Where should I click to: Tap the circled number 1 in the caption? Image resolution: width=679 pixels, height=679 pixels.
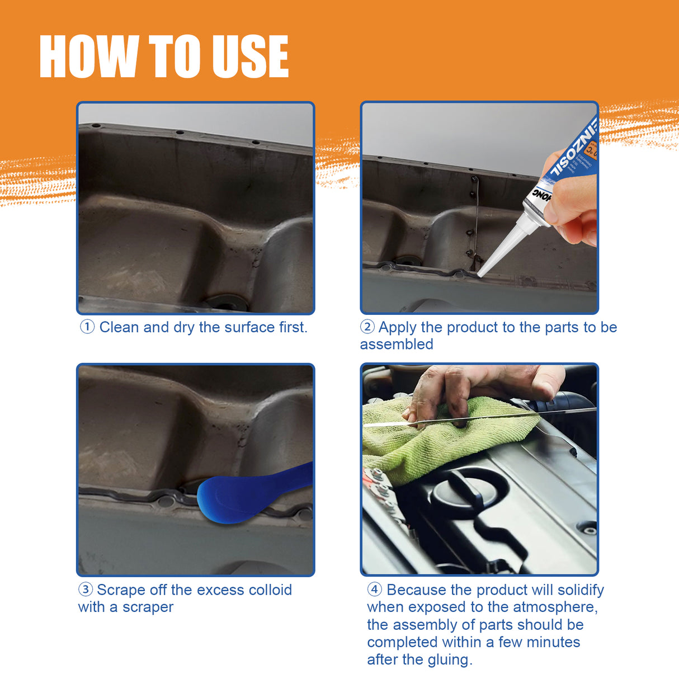pyautogui.click(x=87, y=327)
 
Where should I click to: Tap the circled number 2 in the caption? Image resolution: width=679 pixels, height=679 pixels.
pyautogui.click(x=367, y=327)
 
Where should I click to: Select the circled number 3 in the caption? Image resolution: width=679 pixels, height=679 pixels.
pyautogui.click(x=85, y=590)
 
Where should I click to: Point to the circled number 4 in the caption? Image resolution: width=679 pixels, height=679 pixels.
pyautogui.click(x=374, y=590)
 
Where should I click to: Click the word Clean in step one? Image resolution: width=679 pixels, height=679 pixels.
pyautogui.click(x=119, y=327)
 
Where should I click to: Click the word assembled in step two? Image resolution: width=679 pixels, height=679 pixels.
pyautogui.click(x=396, y=345)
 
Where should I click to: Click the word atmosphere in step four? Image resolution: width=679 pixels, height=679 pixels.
pyautogui.click(x=555, y=607)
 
